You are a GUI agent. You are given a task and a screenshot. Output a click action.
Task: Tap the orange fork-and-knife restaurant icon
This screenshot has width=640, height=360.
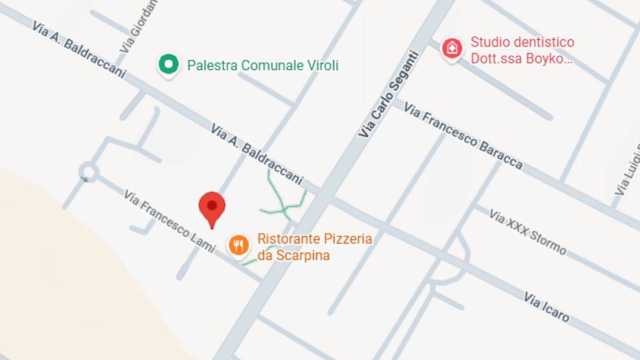[237, 245]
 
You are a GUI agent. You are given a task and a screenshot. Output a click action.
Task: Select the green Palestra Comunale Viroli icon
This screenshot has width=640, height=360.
[167, 64]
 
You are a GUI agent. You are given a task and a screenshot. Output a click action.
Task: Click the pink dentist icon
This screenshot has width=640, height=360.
[452, 49]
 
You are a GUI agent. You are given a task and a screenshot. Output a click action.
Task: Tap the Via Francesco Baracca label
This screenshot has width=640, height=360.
[462, 136]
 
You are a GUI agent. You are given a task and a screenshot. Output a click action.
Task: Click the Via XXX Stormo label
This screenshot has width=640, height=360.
[527, 232]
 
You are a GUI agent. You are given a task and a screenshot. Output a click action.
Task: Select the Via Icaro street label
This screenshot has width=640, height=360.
[546, 307]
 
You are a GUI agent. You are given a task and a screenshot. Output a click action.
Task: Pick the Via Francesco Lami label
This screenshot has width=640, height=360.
[169, 221]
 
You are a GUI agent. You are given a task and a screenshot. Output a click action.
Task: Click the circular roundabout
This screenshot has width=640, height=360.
[88, 171]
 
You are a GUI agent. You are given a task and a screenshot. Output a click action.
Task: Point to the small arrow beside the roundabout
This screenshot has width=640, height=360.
[86, 179]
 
